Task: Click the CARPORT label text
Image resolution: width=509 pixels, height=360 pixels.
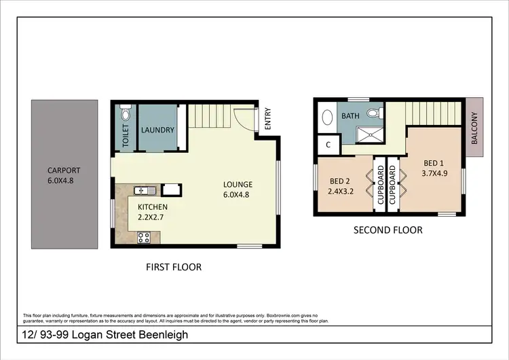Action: pyautogui.click(x=64, y=170)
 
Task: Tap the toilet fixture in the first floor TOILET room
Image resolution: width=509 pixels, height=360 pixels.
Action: pyautogui.click(x=124, y=111)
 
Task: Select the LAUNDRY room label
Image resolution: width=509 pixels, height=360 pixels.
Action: pyautogui.click(x=157, y=130)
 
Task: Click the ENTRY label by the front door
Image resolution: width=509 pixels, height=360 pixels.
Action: pyautogui.click(x=267, y=118)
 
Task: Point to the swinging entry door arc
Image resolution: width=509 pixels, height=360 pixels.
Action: pyautogui.click(x=242, y=120)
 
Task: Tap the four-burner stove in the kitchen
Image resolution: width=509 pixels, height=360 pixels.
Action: pyautogui.click(x=144, y=237)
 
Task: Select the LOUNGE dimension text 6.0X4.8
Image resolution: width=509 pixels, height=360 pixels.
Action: pyautogui.click(x=238, y=194)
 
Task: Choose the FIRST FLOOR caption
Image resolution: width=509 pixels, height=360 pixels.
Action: pyautogui.click(x=174, y=267)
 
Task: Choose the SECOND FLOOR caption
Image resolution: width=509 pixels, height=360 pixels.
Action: pyautogui.click(x=388, y=230)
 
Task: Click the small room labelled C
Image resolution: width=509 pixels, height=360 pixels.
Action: pyautogui.click(x=328, y=144)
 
